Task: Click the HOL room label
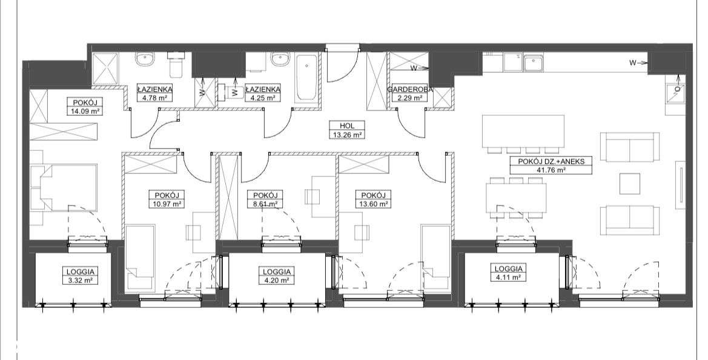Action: tap(347, 126)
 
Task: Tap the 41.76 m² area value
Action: tap(551, 170)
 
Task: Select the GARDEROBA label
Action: tap(409, 90)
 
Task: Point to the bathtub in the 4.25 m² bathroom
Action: tap(306, 77)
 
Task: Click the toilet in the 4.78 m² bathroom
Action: tap(175, 65)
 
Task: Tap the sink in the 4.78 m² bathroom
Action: tap(146, 59)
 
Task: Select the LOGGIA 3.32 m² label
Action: tap(81, 276)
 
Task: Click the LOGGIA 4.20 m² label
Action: tap(277, 276)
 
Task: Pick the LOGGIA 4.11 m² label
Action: tap(509, 273)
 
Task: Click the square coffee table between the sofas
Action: tap(630, 184)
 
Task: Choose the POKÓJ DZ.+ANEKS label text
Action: tap(551, 161)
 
